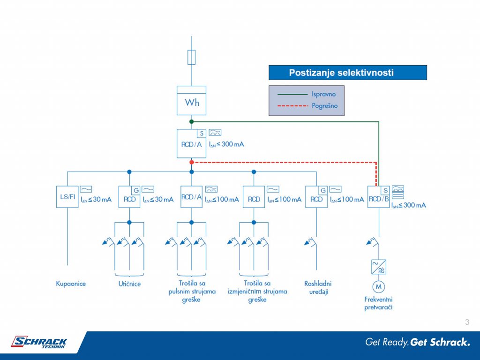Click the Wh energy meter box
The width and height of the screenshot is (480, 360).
pos(191,100)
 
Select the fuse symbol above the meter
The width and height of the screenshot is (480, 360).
pos(191,57)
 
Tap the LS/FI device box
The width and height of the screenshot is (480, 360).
pos(67,197)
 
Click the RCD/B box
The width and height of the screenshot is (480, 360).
pos(379,197)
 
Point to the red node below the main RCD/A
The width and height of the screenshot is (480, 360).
pos(192,162)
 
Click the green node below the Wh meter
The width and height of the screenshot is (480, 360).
pos(192,121)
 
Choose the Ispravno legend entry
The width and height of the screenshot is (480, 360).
pos(307,94)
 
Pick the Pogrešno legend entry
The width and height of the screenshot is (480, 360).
pos(307,106)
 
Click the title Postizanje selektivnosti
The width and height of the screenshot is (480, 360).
pos(341,73)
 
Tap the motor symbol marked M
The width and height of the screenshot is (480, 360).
pos(379,286)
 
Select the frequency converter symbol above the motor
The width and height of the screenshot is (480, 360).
pos(379,267)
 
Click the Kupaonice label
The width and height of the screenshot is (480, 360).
pos(71,284)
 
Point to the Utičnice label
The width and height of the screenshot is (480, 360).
pos(129,284)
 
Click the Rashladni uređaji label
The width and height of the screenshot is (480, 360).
pos(318,287)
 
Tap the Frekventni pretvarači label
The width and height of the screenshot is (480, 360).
pos(378,303)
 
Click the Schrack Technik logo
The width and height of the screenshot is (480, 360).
pos(39,342)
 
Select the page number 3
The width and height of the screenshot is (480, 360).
pos(467,322)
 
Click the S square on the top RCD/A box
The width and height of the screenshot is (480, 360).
pos(202,134)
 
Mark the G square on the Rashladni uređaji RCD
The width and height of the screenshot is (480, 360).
pos(323,190)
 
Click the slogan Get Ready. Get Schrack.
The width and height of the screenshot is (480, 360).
pos(418,342)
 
